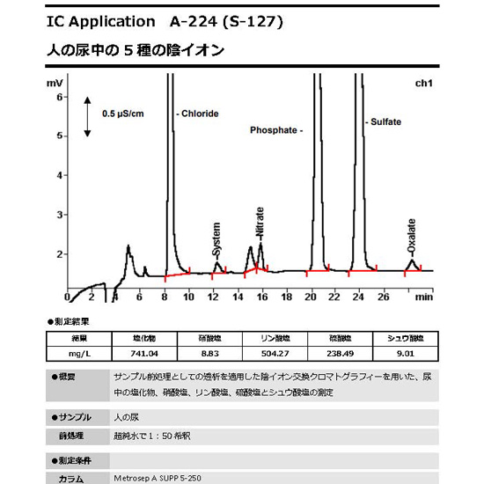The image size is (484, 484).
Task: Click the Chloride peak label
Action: [200, 114]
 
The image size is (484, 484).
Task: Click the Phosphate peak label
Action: [276, 129]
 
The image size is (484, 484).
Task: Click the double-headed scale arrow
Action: [89, 117]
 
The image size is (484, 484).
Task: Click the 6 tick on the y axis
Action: [59, 97]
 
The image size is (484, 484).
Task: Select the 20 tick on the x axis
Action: [310, 297]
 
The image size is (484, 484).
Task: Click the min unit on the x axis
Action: [424, 297]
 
